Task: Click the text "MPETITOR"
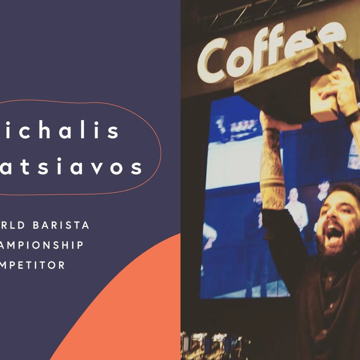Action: pos(33,265)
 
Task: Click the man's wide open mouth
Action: pos(334,235)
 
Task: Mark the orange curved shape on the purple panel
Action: pos(129,309)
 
